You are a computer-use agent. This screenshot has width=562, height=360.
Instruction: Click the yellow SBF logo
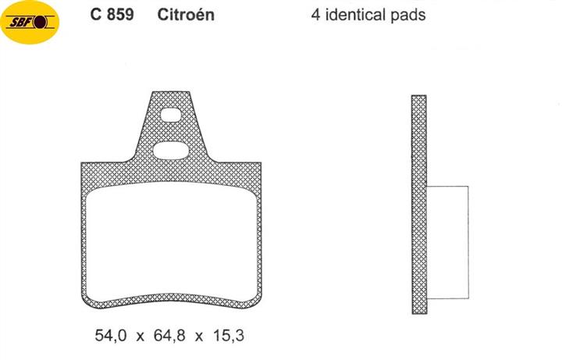click(30, 22)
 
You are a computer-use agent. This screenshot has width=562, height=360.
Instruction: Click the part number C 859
click(112, 15)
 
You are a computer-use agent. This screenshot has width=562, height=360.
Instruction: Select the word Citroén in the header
click(186, 15)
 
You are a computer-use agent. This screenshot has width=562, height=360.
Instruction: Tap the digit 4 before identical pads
click(315, 15)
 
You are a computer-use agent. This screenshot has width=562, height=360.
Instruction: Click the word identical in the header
click(356, 15)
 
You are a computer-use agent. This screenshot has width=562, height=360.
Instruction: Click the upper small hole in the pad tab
click(171, 115)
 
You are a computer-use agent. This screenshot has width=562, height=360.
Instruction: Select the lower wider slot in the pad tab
click(170, 151)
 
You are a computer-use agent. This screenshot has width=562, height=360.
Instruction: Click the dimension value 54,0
click(111, 336)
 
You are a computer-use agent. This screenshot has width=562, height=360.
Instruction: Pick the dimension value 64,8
click(169, 336)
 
